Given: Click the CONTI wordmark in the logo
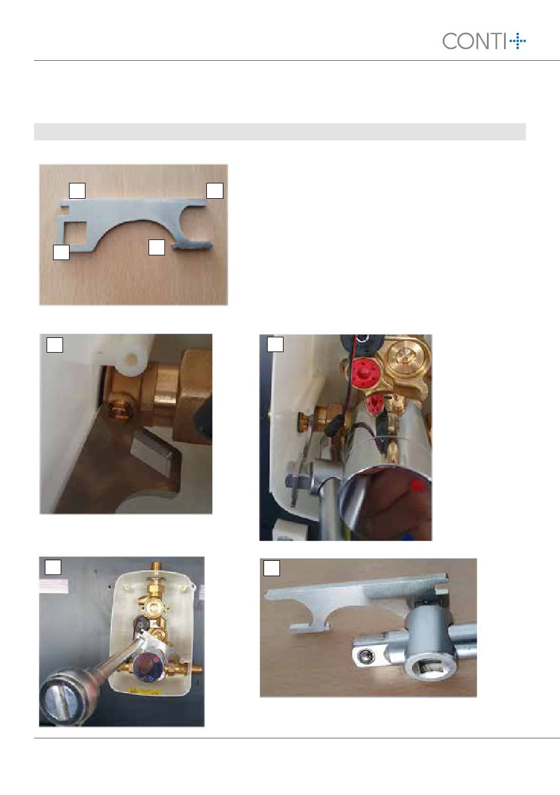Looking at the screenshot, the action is coord(475,41).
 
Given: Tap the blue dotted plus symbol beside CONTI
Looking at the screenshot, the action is coord(518,41).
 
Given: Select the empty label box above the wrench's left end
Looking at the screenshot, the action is coord(77,190).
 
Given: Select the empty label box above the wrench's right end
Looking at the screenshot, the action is coord(215,190).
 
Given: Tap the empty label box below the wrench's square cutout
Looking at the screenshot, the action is coord(61,252).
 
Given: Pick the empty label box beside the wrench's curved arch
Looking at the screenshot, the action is coord(157,247).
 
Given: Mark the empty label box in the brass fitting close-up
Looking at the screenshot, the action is coord(55,344).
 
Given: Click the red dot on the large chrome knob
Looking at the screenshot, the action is coord(419,486).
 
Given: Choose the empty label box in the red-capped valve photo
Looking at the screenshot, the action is coord(275,344).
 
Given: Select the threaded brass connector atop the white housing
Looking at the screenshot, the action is coord(156,571).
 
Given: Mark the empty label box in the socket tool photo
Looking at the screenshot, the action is coord(272,568).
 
